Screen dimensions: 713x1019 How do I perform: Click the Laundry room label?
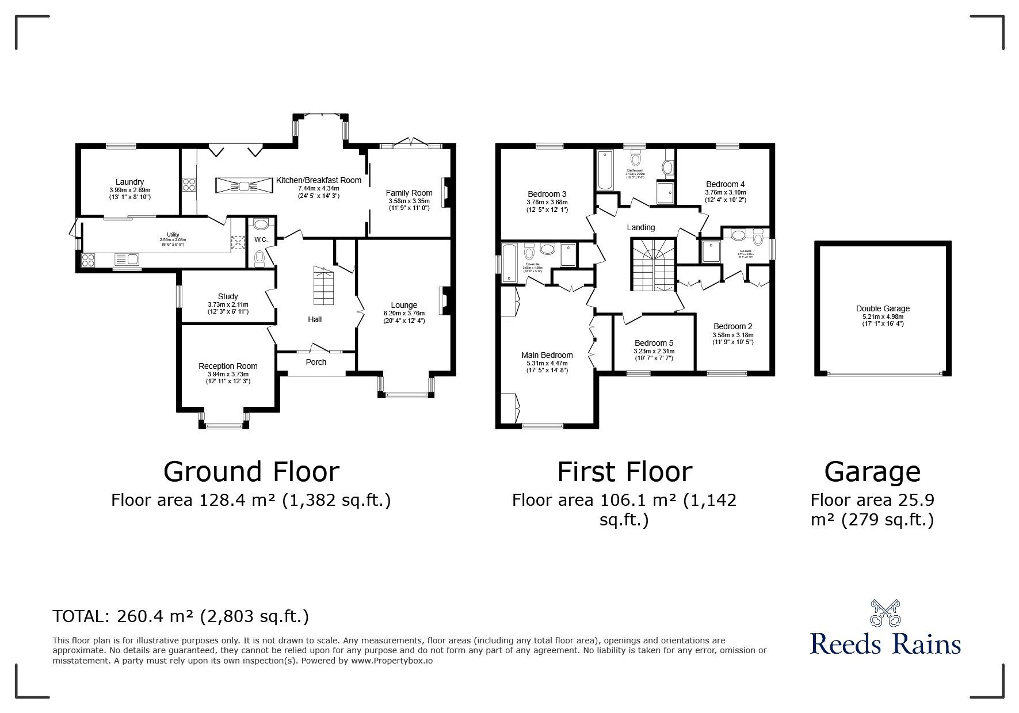pyautogui.click(x=129, y=182)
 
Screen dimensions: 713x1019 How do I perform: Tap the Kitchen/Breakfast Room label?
pyautogui.click(x=318, y=180)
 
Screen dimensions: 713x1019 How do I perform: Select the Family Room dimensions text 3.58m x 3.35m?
pyautogui.click(x=409, y=201)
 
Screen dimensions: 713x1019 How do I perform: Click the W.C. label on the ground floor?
pyautogui.click(x=261, y=239)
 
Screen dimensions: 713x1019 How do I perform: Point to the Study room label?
pyautogui.click(x=228, y=296)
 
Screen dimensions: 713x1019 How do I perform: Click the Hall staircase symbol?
pyautogui.click(x=323, y=286)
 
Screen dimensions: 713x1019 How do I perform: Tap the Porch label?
pyautogui.click(x=316, y=362)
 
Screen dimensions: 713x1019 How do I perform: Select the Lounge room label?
pyautogui.click(x=404, y=305)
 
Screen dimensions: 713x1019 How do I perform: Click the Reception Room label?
pyautogui.click(x=228, y=366)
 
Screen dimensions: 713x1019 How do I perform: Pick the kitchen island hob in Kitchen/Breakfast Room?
pyautogui.click(x=244, y=185)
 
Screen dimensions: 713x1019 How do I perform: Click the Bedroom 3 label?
pyautogui.click(x=547, y=194)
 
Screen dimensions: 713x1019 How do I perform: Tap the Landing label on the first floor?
pyautogui.click(x=640, y=227)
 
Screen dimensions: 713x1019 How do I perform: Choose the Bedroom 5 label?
pyautogui.click(x=654, y=343)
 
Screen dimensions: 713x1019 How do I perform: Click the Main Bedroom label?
pyautogui.click(x=547, y=355)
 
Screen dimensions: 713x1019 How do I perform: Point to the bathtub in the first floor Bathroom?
pyautogui.click(x=605, y=170)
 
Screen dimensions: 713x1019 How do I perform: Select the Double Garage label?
pyautogui.click(x=883, y=308)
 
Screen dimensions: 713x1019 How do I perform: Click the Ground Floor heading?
pyautogui.click(x=251, y=472)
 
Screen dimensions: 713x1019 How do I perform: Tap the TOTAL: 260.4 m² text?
pyautogui.click(x=181, y=617)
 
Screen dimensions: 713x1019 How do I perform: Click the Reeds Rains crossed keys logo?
pyautogui.click(x=885, y=612)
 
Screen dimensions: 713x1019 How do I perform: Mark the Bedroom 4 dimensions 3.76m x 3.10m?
pyautogui.click(x=725, y=193)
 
